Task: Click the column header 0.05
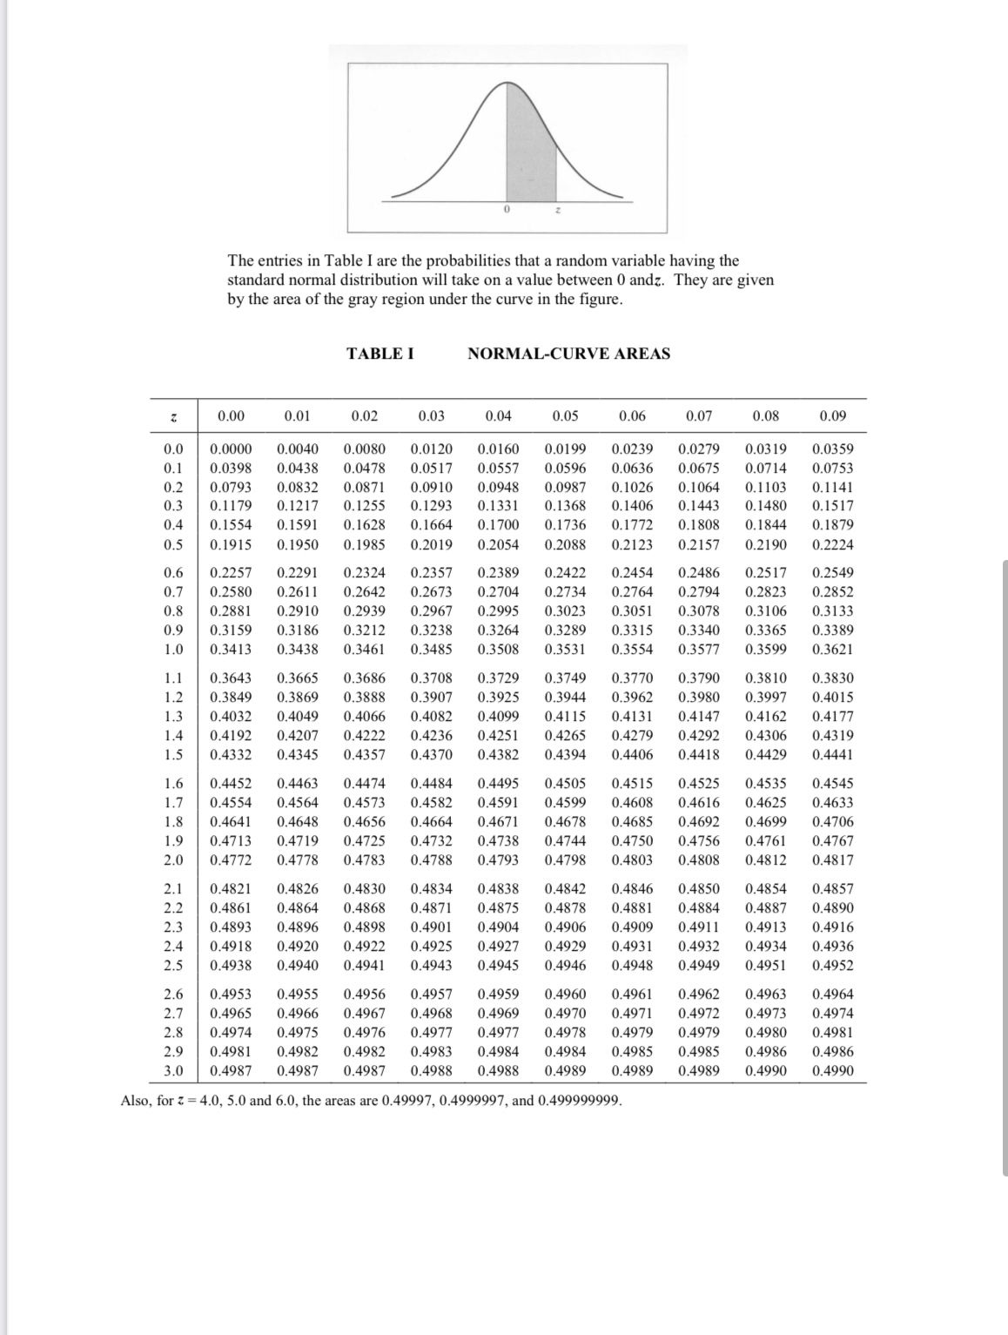click(565, 416)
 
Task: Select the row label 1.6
click(173, 784)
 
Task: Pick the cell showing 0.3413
click(231, 650)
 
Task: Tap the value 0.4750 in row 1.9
click(632, 841)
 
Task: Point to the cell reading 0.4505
click(565, 784)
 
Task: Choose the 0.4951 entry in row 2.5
click(766, 966)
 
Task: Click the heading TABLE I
click(380, 354)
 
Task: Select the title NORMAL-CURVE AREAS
click(568, 354)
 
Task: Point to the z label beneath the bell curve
click(557, 211)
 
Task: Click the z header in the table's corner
click(173, 417)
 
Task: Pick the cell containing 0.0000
click(231, 449)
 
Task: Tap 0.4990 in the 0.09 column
click(832, 1070)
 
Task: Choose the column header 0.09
click(832, 416)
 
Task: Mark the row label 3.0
click(173, 1070)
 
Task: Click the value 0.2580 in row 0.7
click(231, 592)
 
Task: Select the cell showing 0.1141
click(832, 488)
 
